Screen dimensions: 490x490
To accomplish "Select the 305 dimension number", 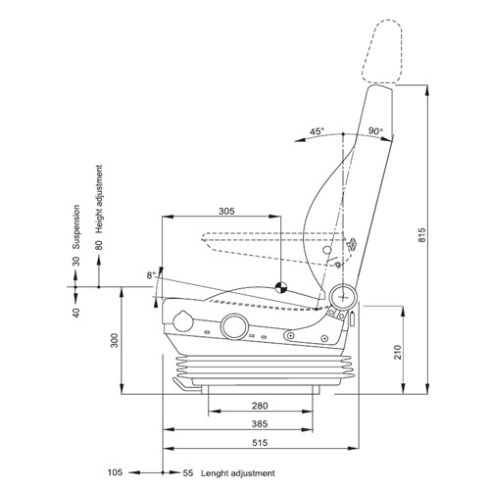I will (x=225, y=210).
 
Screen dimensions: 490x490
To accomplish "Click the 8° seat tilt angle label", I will (x=150, y=275).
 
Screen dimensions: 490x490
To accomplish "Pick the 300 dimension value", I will (x=114, y=339).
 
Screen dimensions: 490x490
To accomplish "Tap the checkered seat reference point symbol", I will (x=280, y=288).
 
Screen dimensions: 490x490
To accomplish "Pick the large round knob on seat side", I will (x=234, y=327).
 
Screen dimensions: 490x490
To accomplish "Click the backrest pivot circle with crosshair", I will (x=344, y=293).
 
